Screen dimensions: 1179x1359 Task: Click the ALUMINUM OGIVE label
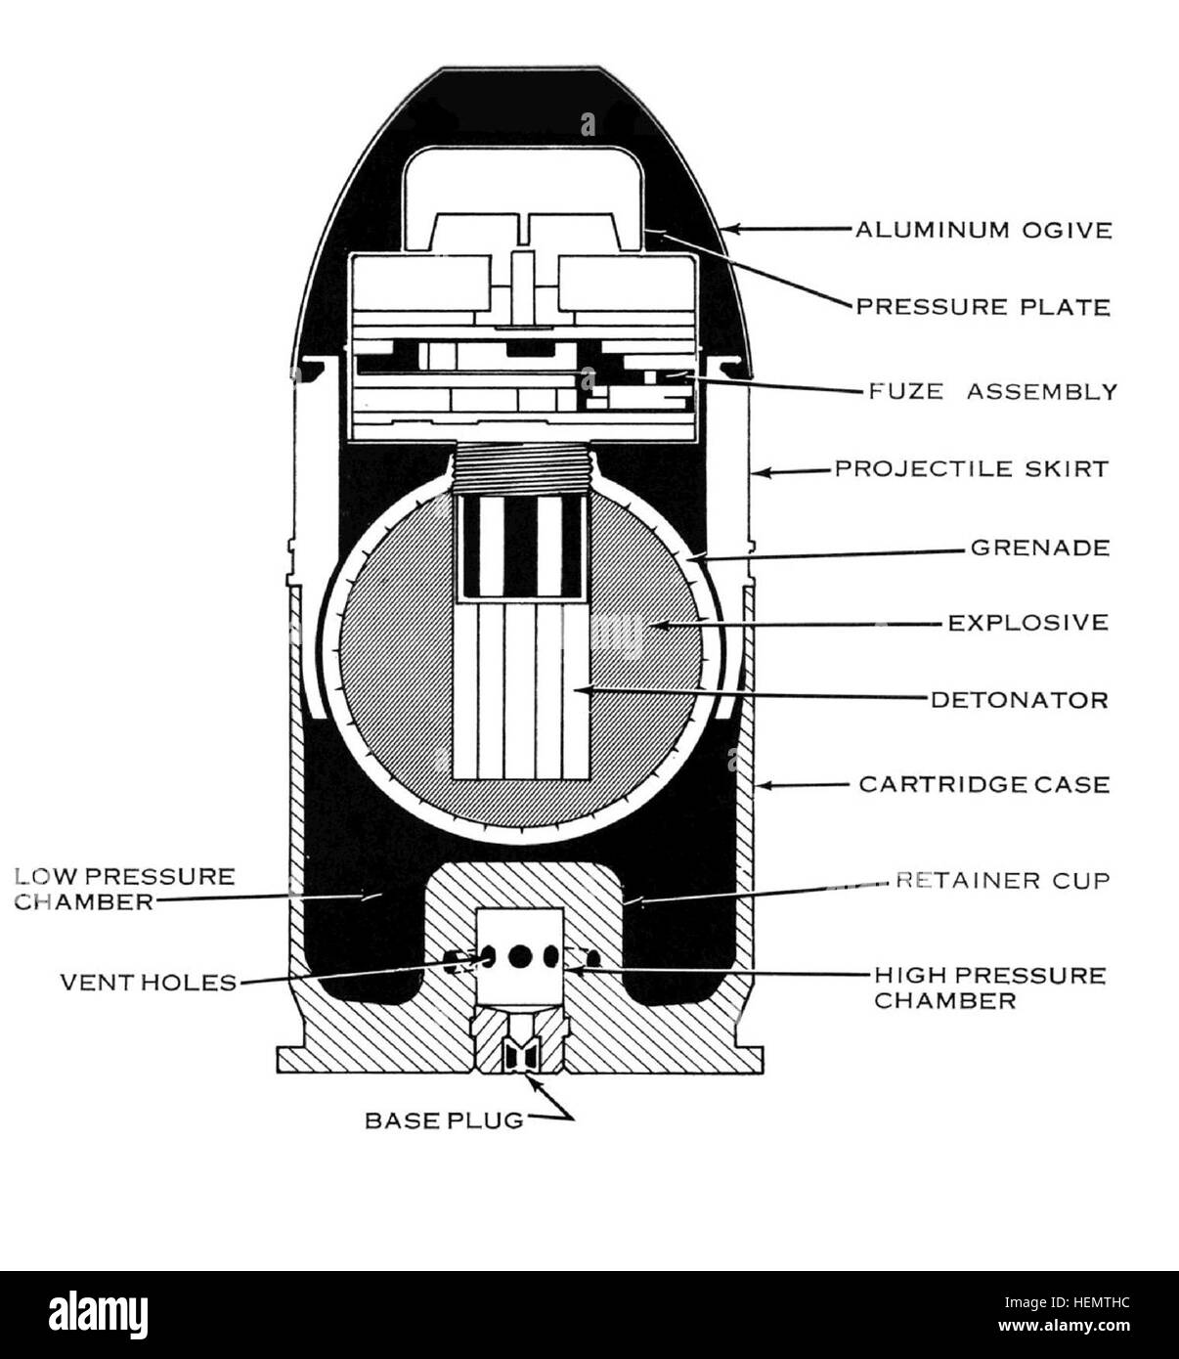(983, 230)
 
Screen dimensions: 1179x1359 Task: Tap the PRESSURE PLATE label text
(983, 307)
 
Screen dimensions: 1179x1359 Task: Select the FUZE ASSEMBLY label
(993, 391)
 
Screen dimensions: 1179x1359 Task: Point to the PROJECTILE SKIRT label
(971, 469)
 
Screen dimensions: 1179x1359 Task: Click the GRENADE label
(1040, 548)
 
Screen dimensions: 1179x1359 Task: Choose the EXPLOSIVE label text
(1028, 623)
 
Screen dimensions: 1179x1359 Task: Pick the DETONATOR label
(1020, 700)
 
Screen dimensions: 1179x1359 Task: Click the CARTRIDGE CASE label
(984, 784)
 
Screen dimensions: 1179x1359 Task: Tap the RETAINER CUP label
(1003, 881)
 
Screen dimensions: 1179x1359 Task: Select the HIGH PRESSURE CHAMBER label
(989, 987)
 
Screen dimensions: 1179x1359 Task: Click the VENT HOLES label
(149, 983)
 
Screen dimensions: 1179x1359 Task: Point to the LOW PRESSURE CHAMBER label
(125, 889)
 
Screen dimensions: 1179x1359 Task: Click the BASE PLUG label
(445, 1120)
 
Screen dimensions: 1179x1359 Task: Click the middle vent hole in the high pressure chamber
(520, 957)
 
